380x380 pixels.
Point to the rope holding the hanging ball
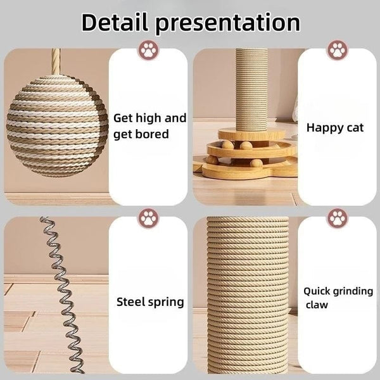[x=56, y=61]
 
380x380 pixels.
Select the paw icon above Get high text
[x=149, y=50]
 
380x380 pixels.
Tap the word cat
[x=355, y=129]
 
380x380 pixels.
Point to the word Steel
[x=130, y=301]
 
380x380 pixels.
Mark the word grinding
[x=353, y=292]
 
